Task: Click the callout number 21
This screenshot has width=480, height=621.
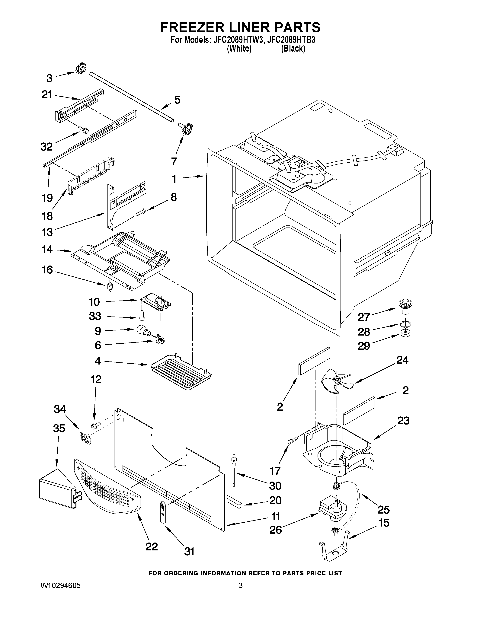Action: tap(47, 94)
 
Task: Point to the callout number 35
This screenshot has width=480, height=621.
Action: tap(59, 428)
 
